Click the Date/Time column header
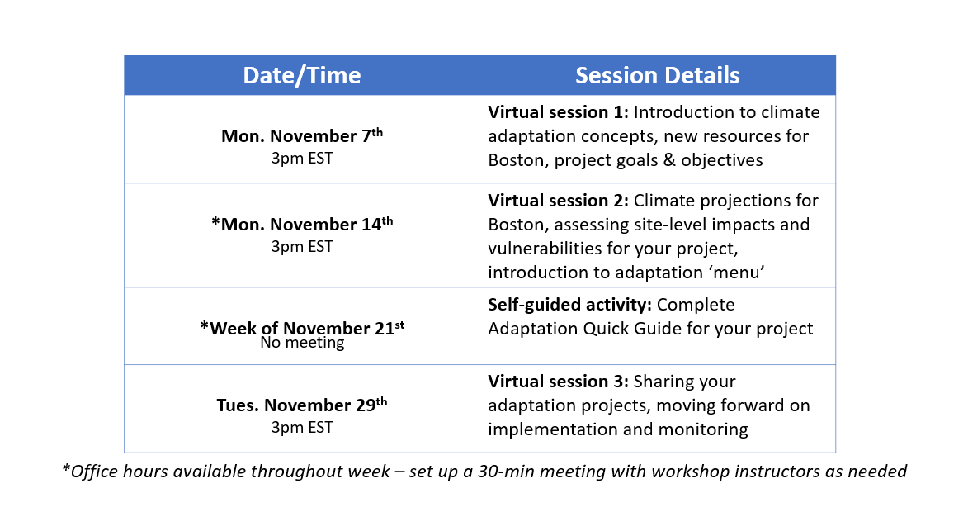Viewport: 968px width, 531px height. point(301,76)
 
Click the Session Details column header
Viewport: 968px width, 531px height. point(657,76)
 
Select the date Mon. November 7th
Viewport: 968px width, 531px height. point(302,137)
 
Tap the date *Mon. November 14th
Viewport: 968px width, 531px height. point(302,225)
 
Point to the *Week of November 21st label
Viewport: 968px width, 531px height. point(302,327)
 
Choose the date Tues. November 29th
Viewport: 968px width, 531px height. point(302,405)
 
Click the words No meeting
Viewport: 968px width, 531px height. point(302,343)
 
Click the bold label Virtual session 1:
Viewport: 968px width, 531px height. point(558,112)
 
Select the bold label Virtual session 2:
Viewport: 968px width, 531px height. point(558,201)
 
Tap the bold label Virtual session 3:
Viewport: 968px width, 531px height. point(558,382)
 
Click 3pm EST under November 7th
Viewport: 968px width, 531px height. point(302,158)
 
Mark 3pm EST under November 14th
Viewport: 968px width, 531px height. point(302,246)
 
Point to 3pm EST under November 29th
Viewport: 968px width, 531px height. point(302,427)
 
